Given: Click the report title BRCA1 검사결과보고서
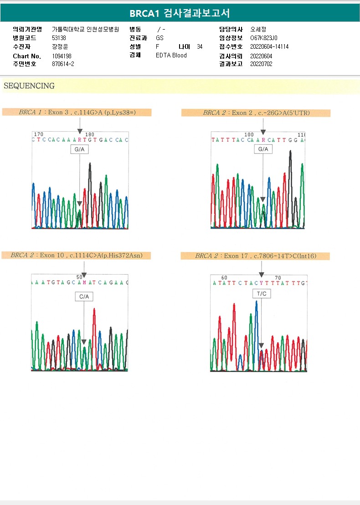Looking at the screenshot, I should [180, 14].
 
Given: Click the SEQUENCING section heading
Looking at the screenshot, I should [29, 86].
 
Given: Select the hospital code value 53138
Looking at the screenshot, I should [59, 38].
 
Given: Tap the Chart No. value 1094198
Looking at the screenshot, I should [62, 56].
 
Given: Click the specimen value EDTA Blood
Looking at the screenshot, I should [171, 56].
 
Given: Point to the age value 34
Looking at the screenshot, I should [200, 47].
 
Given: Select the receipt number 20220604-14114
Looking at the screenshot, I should [269, 47].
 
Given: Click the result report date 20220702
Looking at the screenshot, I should [261, 64].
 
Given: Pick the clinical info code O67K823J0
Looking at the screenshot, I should [264, 38].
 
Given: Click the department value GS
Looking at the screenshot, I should [159, 38].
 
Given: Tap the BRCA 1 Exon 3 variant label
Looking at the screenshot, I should [77, 112].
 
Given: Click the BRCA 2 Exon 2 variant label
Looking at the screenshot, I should [256, 112].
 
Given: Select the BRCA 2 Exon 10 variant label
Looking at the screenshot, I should [77, 255].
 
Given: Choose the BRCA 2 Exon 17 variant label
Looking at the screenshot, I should [255, 256].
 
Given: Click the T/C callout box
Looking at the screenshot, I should [262, 294].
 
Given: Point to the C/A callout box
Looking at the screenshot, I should [84, 296].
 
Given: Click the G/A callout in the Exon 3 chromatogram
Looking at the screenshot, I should [79, 149].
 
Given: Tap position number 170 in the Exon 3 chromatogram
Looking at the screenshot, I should [39, 134].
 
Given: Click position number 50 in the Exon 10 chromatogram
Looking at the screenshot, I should [79, 277].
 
